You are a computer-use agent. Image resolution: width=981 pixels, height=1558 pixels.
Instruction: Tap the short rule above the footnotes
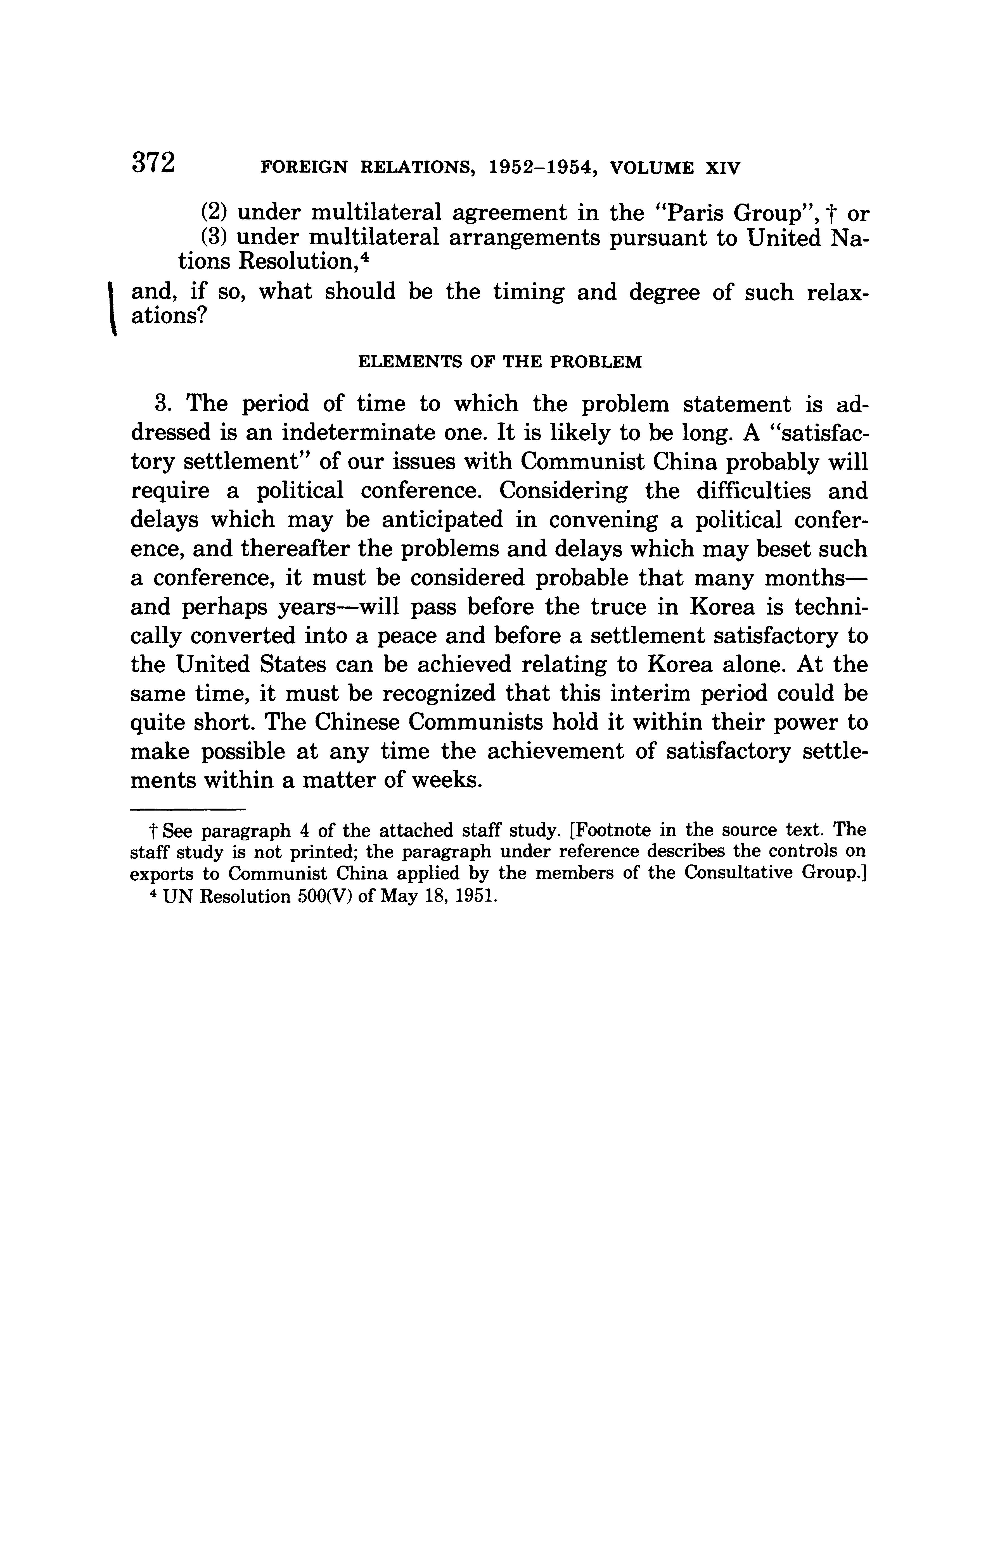tap(188, 809)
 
